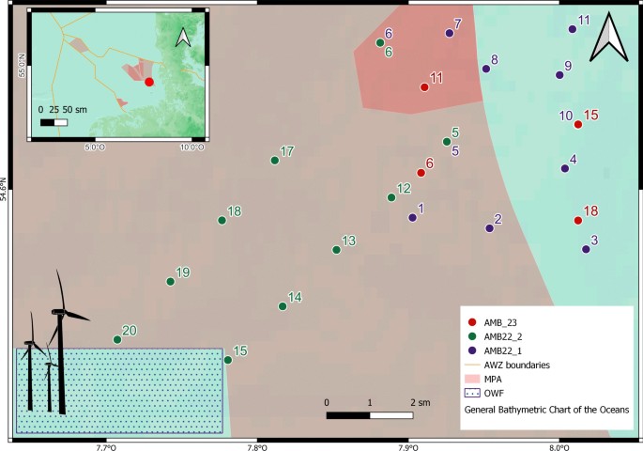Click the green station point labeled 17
[275, 161]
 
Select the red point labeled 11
[424, 87]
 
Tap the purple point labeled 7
[449, 33]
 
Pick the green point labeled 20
[117, 339]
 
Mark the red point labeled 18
[577, 221]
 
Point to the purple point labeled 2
[489, 228]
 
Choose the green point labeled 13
[336, 250]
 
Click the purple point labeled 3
[586, 250]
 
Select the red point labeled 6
[421, 173]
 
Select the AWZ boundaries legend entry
[507, 364]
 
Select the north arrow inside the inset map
[184, 37]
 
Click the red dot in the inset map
[149, 82]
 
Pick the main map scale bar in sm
[369, 413]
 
